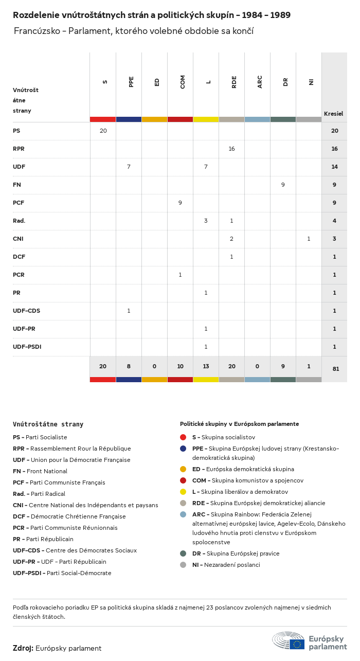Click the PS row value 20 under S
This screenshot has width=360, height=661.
pyautogui.click(x=103, y=131)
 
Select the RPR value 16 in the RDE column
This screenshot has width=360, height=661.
pyautogui.click(x=231, y=149)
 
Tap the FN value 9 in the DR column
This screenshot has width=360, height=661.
pyautogui.click(x=283, y=185)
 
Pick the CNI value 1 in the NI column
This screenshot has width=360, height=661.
pyautogui.click(x=309, y=239)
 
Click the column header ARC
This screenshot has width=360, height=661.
pyautogui.click(x=260, y=82)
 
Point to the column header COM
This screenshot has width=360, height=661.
pyautogui.click(x=183, y=82)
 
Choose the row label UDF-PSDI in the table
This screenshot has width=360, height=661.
pyautogui.click(x=27, y=347)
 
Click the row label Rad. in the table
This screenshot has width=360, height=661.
pyautogui.click(x=19, y=221)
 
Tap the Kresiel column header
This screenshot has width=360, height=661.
pyautogui.click(x=333, y=114)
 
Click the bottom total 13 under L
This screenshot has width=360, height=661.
pyautogui.click(x=206, y=366)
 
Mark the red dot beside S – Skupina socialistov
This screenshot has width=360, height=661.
pyautogui.click(x=183, y=437)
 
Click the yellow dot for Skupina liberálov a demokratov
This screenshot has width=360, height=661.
pyautogui.click(x=183, y=492)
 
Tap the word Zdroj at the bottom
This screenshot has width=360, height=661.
pyautogui.click(x=23, y=648)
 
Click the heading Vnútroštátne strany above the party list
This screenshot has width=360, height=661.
pyautogui.click(x=48, y=424)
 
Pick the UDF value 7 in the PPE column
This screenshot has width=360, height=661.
pyautogui.click(x=129, y=167)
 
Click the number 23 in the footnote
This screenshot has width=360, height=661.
pyautogui.click(x=210, y=608)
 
